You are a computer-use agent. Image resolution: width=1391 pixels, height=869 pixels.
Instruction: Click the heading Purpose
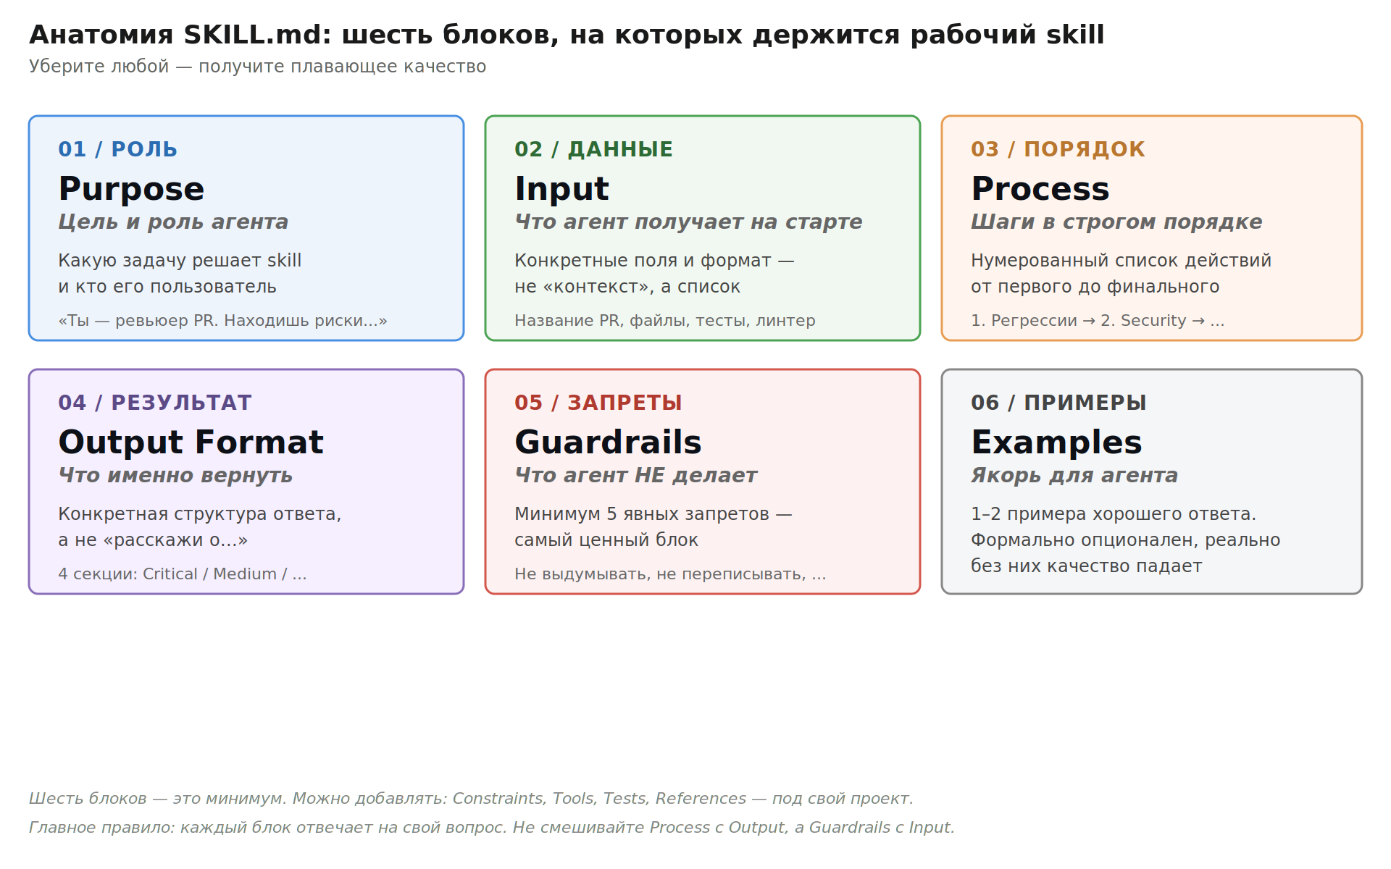coord(131,190)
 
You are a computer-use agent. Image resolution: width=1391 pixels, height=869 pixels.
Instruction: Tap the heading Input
coord(561,190)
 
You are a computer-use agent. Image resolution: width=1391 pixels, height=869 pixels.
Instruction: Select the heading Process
coord(1040,189)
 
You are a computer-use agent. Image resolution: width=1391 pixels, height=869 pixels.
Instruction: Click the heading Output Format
coord(191,442)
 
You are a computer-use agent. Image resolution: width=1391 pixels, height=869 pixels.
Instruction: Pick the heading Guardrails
coord(608,442)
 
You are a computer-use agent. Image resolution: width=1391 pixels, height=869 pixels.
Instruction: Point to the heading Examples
coord(1056,443)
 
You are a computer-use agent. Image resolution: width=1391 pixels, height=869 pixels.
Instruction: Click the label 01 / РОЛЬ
coord(117,149)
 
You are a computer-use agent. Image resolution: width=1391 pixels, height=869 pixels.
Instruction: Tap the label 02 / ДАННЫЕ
coord(593,149)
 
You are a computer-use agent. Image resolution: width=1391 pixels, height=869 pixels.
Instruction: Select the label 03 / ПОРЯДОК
coord(1058,149)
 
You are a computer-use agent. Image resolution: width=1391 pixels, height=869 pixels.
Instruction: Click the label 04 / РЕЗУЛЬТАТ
coord(154,403)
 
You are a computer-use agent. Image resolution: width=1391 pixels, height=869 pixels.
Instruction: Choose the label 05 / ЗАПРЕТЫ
coord(598,403)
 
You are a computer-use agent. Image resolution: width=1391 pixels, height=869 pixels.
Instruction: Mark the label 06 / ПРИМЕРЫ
coord(1058,403)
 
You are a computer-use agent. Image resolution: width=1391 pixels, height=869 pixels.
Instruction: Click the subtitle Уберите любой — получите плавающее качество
coord(257,67)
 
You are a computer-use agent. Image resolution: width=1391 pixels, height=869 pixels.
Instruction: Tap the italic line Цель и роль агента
coord(173,222)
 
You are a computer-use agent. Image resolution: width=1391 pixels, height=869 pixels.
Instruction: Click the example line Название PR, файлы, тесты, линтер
coord(664,321)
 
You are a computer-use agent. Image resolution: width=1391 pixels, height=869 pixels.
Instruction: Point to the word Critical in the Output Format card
coord(170,574)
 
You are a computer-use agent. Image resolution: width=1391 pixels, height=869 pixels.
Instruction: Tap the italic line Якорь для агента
coord(1074,476)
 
